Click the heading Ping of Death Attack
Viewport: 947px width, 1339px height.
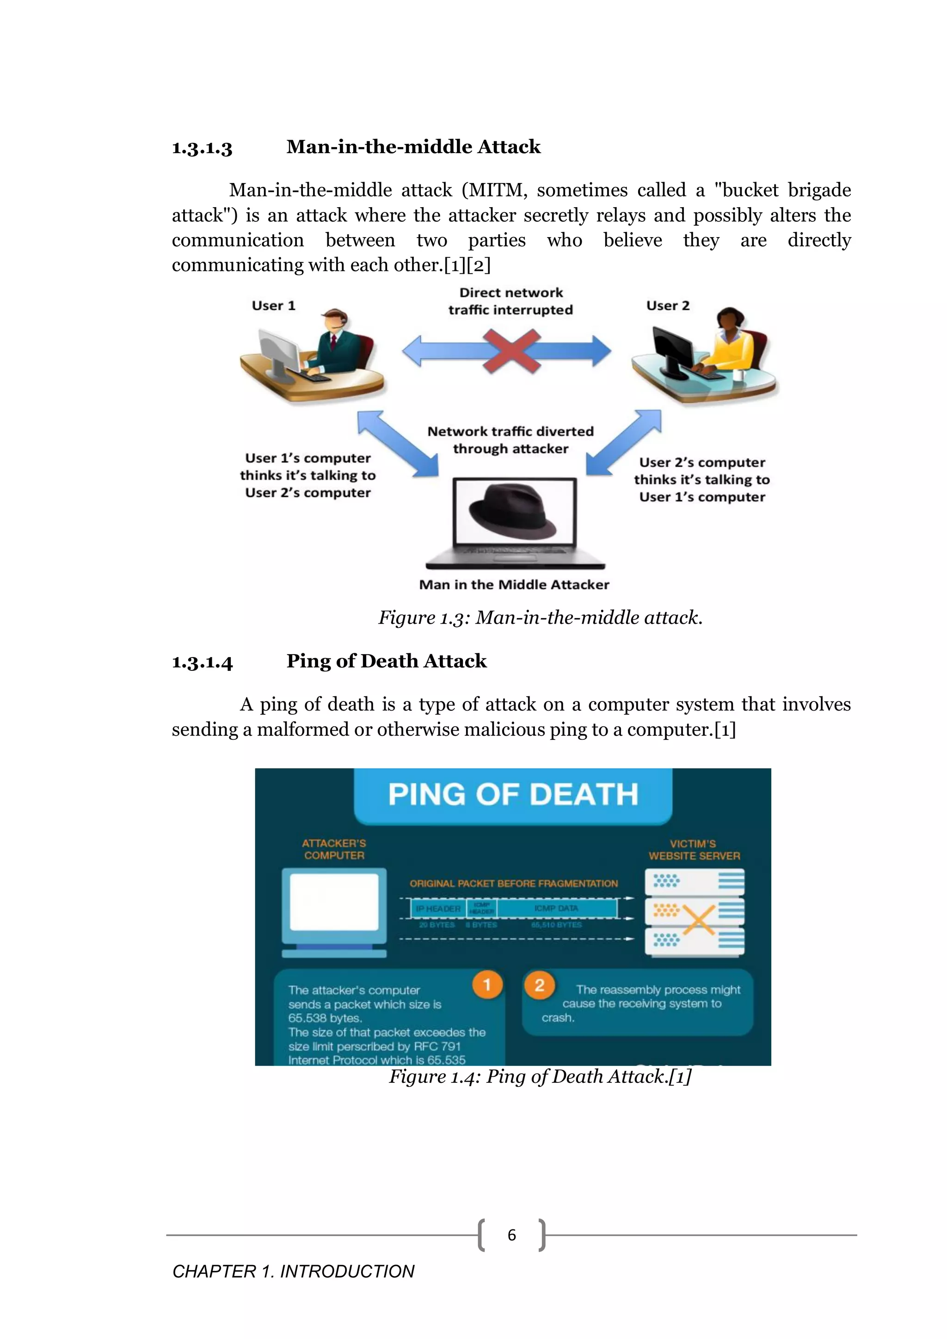386,661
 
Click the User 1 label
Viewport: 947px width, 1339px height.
273,306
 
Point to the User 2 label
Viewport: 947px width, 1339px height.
668,306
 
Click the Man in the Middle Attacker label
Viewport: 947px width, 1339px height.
514,584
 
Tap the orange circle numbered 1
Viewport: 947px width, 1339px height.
487,985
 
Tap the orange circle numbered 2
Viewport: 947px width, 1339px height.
540,985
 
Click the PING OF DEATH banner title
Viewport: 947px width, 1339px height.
513,794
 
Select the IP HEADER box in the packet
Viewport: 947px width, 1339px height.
438,909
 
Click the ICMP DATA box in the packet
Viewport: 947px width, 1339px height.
556,908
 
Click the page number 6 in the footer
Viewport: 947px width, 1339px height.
512,1235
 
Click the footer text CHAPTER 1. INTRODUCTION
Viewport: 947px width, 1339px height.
293,1271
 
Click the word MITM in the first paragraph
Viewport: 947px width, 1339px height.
498,190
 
